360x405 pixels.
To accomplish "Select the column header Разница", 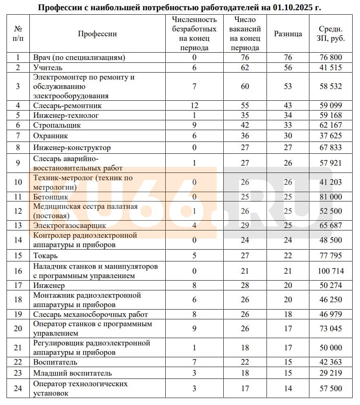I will [288, 34].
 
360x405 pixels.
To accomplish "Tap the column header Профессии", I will [97, 34].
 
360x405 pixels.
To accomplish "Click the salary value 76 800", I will [331, 58].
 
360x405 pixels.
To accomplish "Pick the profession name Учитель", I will [48, 68].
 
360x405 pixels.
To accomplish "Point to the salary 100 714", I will [331, 271].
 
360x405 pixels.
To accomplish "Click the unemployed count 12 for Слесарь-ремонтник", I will [194, 106].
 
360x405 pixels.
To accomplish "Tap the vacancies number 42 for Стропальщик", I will [244, 125].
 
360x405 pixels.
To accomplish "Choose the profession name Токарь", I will [45, 256].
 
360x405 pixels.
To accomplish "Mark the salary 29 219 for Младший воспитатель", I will [331, 373].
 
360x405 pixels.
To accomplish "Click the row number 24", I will [18, 389].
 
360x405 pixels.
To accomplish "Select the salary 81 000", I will [331, 197].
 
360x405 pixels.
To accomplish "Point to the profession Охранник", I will [51, 135].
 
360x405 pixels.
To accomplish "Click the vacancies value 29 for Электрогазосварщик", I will [244, 225].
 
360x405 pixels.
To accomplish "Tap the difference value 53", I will [288, 86].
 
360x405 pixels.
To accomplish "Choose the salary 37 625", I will [331, 135].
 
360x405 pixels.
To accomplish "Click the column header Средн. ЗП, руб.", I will [331, 34].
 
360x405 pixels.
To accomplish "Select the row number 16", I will [18, 271].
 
